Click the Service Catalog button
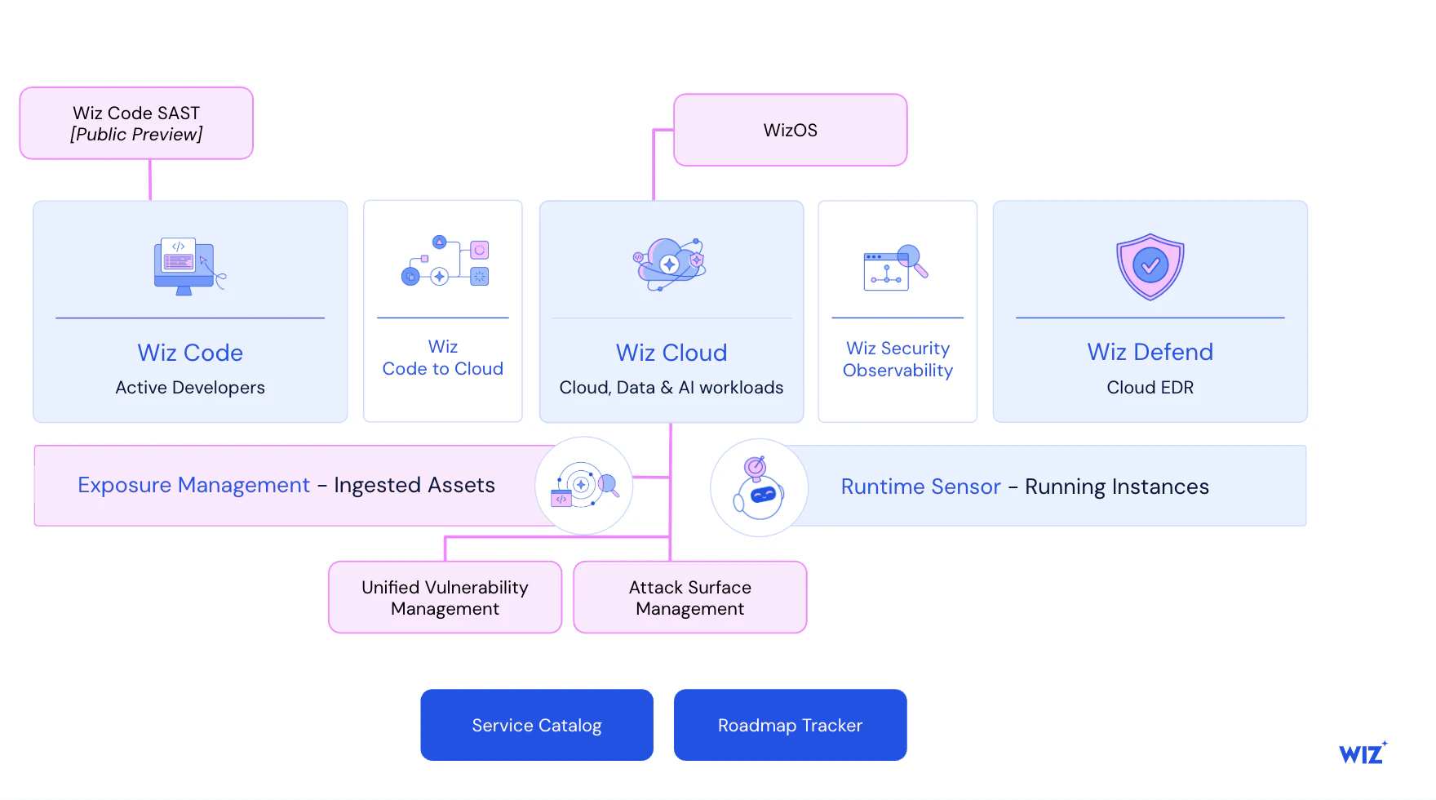pos(536,725)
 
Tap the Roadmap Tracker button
pos(790,725)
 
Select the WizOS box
pos(790,130)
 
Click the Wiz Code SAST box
pos(136,123)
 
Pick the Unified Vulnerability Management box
pos(445,598)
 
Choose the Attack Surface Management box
pos(689,598)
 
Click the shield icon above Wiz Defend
pos(1150,266)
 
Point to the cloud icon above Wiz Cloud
pos(670,264)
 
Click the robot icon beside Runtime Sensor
pos(759,488)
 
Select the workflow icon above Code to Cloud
pos(445,261)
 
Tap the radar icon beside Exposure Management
pos(583,486)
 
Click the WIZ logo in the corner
pos(1362,753)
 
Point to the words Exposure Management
pos(193,485)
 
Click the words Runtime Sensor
pos(920,487)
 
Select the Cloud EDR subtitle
pos(1150,388)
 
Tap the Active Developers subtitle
pos(190,388)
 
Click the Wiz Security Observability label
pos(897,359)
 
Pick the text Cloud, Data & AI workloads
pos(671,388)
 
